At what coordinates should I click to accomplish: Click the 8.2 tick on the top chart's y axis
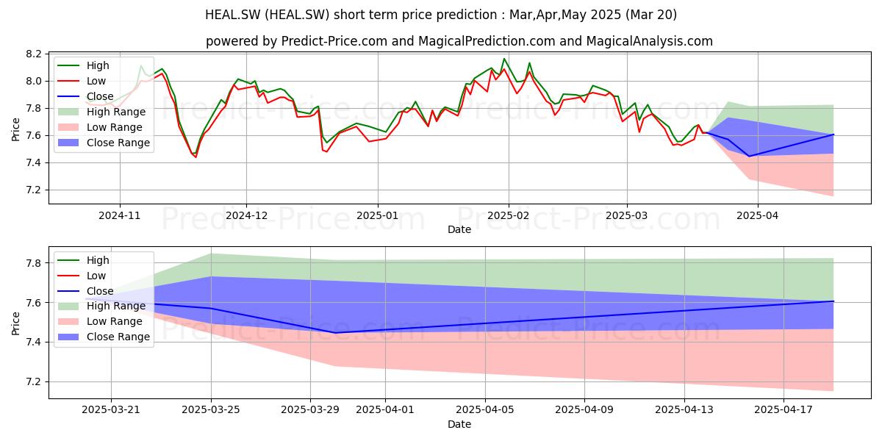[34, 54]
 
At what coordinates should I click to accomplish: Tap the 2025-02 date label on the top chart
[509, 215]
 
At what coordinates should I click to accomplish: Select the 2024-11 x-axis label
[119, 215]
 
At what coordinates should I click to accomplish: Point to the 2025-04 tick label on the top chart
[758, 215]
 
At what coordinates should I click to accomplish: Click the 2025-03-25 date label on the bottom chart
[211, 410]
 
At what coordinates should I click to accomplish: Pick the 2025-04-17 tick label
[784, 410]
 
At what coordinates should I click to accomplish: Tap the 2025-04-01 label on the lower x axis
[385, 410]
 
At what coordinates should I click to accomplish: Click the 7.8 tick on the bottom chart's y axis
[34, 263]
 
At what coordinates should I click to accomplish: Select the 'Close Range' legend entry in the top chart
[104, 143]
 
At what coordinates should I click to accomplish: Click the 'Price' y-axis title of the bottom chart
[15, 323]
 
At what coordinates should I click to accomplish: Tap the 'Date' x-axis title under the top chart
[459, 229]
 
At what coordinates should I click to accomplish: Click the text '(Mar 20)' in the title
[651, 15]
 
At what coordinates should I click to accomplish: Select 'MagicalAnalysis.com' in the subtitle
[649, 41]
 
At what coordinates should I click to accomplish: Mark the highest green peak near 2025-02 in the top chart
[504, 59]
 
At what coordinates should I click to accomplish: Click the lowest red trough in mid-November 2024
[196, 157]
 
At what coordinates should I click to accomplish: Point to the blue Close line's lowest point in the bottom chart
[335, 333]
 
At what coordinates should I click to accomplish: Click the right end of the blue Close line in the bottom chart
[833, 301]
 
